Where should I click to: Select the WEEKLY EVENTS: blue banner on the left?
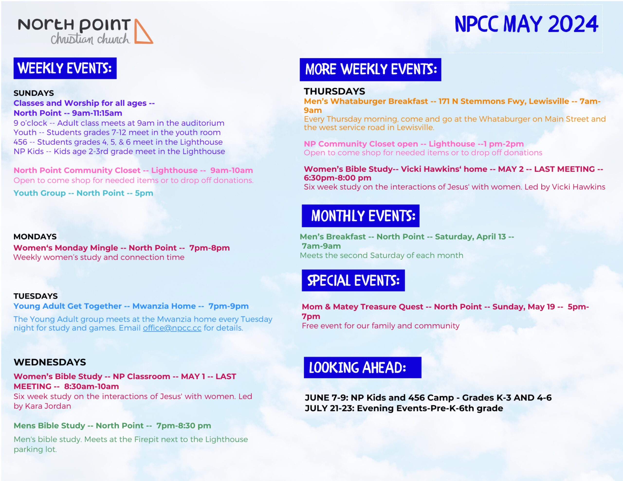coord(65,68)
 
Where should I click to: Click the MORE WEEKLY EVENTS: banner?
coord(370,70)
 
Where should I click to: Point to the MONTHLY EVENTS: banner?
coord(361,216)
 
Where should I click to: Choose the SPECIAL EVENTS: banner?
coord(353,280)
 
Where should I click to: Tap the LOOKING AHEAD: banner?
coord(363,367)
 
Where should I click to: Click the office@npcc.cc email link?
coord(172,328)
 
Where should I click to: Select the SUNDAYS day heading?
coord(34,93)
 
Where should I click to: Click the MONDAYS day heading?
coord(35,237)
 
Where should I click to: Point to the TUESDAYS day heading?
coord(36,296)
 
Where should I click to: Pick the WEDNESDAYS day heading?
coord(50,362)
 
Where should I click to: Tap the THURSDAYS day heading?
coord(334,91)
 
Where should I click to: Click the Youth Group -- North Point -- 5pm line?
coord(83,193)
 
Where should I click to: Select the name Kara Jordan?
coord(48,406)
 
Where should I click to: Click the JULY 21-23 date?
coord(329,408)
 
